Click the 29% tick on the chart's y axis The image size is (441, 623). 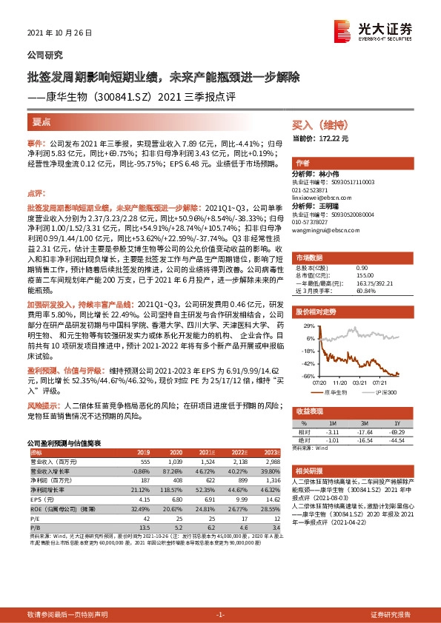tap(302, 325)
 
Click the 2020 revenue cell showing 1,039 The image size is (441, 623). tap(175, 460)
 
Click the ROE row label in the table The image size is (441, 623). tap(62, 508)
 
